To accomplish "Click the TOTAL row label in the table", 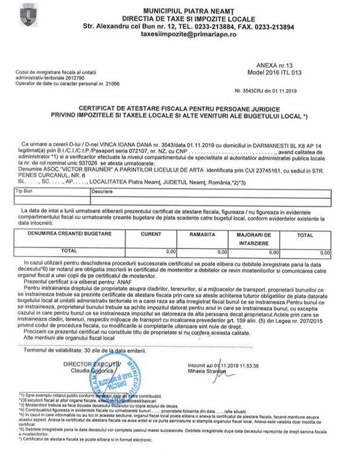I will [69, 251].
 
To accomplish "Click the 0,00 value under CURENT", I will [170, 252].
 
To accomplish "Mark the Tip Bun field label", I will [26, 190].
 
